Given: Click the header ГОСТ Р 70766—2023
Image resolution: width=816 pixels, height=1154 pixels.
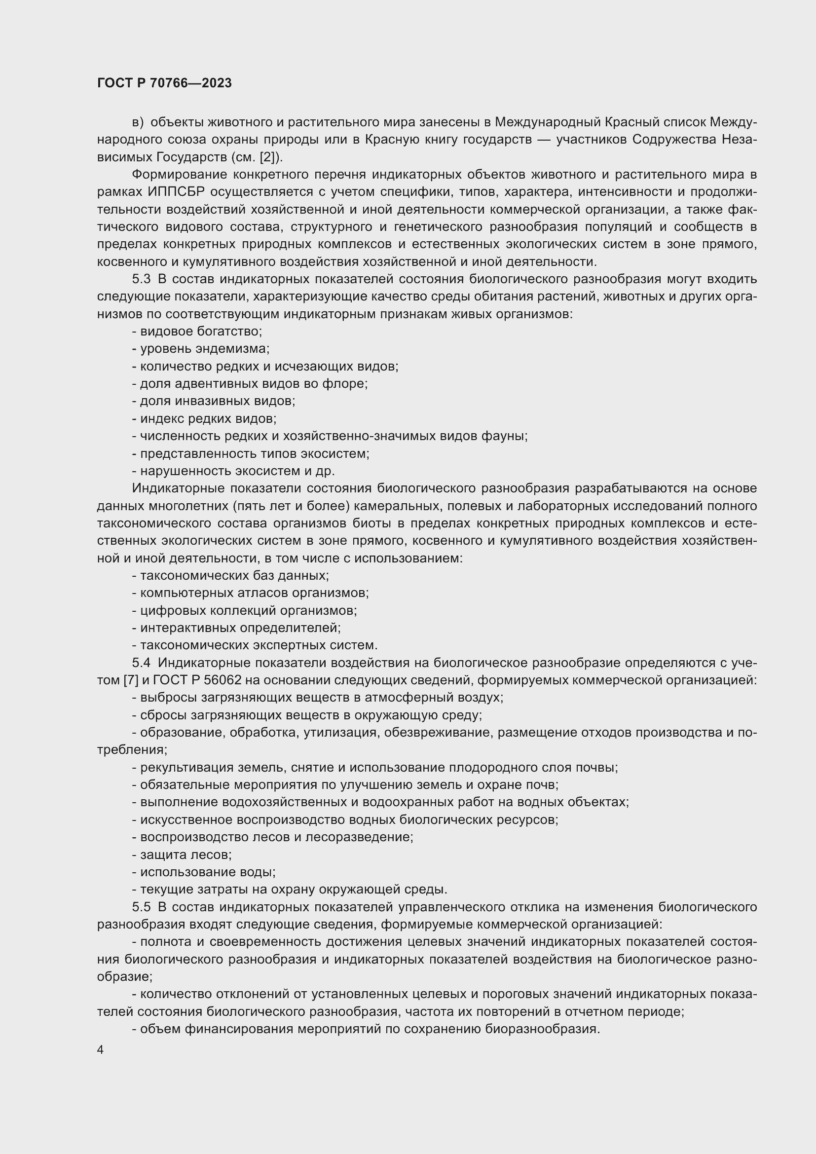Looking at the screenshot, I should (164, 83).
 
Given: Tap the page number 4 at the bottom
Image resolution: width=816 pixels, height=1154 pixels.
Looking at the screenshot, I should (101, 1050).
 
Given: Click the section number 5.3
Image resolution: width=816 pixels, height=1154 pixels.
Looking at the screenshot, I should (141, 279).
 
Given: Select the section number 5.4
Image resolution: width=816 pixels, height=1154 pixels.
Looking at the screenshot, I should (141, 663).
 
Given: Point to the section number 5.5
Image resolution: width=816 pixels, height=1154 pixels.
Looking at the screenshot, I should (141, 907).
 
